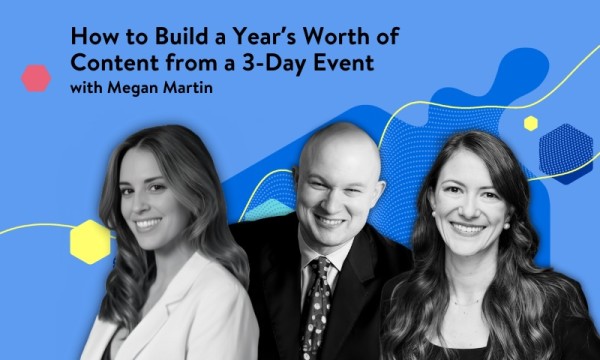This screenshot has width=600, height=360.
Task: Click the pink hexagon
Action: [36, 78]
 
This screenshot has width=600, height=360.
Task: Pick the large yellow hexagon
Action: [90, 241]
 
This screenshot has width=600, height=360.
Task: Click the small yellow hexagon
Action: [530, 123]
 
